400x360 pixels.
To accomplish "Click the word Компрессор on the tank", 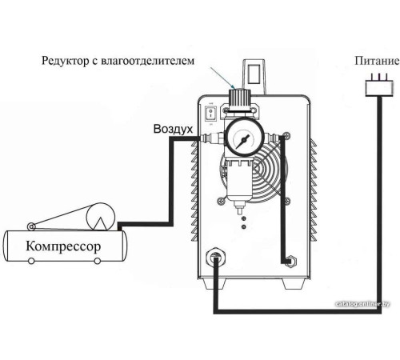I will [x=64, y=245].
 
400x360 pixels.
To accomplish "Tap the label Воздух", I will [x=173, y=129].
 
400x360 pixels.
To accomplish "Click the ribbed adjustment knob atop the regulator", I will [x=238, y=98].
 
